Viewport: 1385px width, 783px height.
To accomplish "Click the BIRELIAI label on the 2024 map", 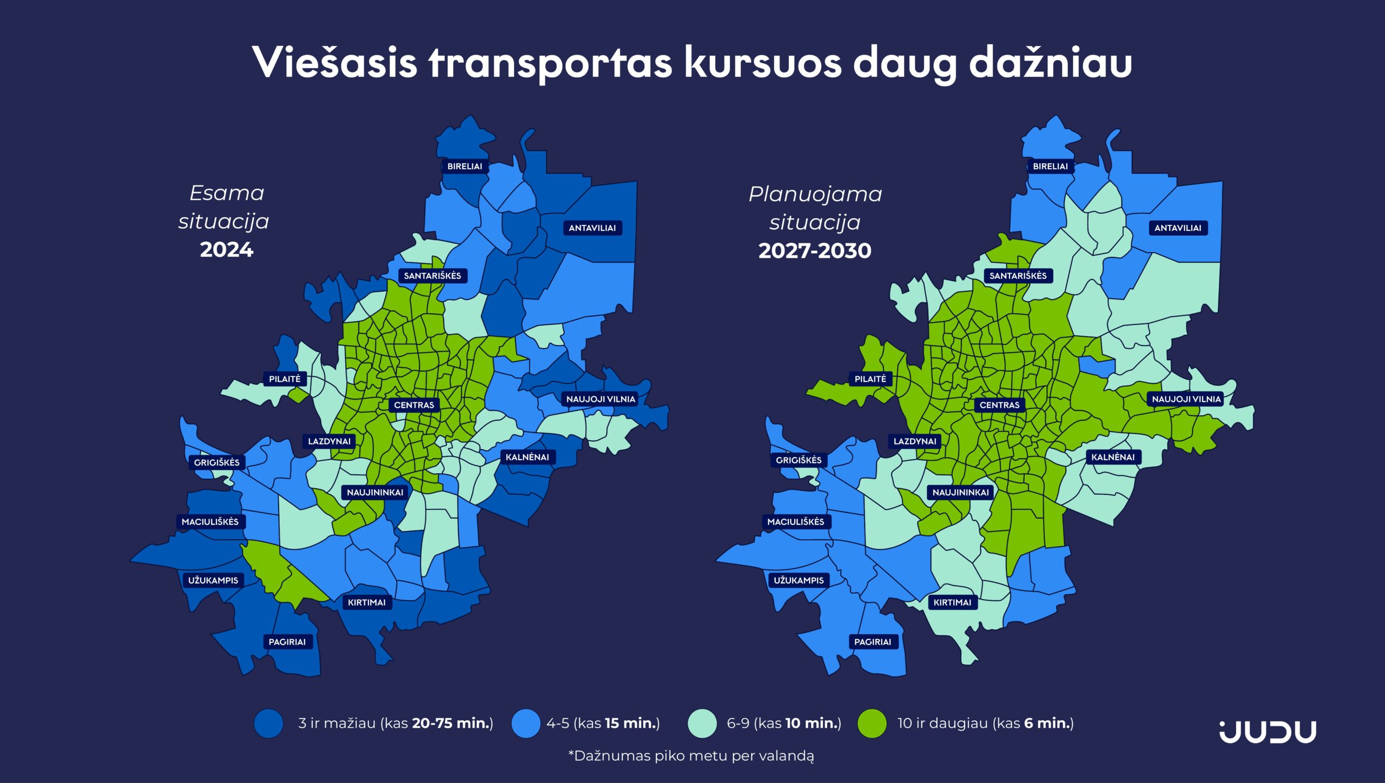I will pyautogui.click(x=465, y=167).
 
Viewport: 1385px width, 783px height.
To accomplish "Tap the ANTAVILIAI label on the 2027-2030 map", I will pyautogui.click(x=1178, y=228).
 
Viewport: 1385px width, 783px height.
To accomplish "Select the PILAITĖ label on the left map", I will pyautogui.click(x=285, y=379).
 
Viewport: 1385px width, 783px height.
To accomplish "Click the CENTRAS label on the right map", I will pyautogui.click(x=999, y=405).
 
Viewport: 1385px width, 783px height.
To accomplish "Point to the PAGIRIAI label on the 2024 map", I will pyautogui.click(x=287, y=642).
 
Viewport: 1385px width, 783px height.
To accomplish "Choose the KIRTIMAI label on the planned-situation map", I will pyautogui.click(x=952, y=602).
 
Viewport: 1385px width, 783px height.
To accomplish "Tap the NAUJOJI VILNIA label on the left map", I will pyautogui.click(x=601, y=399).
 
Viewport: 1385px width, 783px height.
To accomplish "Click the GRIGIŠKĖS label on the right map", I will pyautogui.click(x=799, y=460).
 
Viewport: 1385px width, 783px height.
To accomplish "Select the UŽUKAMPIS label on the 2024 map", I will pyautogui.click(x=213, y=580).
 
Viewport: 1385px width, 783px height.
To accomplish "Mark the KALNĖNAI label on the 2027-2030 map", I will pyautogui.click(x=1113, y=457).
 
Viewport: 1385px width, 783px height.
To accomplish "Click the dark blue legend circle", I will pyautogui.click(x=269, y=724).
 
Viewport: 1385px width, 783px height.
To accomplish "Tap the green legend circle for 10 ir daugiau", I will pyautogui.click(x=872, y=724).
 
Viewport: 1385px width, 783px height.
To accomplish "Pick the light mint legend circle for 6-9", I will pyautogui.click(x=702, y=724).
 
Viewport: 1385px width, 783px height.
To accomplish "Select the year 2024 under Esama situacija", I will pyautogui.click(x=226, y=250).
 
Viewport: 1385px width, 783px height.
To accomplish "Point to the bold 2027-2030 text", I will pyautogui.click(x=815, y=251).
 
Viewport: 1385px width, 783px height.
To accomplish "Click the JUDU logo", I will pyautogui.click(x=1268, y=732).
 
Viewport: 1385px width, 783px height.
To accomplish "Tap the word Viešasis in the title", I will pyautogui.click(x=334, y=63).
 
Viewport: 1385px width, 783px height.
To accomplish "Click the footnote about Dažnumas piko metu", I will pyautogui.click(x=691, y=756).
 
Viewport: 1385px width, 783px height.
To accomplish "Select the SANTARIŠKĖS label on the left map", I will pyautogui.click(x=432, y=276).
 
